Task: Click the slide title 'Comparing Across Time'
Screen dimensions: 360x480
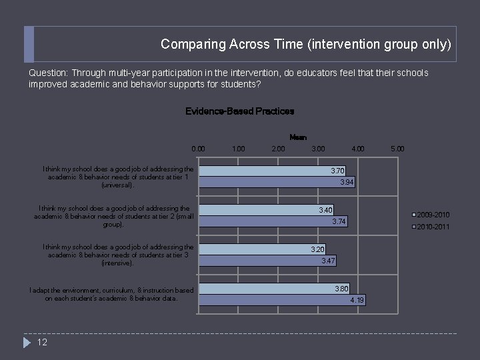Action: [x=306, y=45]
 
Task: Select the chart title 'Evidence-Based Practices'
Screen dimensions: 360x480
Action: [x=239, y=111]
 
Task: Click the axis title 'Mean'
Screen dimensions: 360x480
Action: [x=298, y=137]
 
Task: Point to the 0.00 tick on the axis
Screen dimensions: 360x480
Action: [x=199, y=149]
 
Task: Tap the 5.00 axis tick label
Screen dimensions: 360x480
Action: [x=397, y=149]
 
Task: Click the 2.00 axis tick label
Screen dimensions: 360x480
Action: [x=278, y=149]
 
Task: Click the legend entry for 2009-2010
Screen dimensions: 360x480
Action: [x=433, y=215]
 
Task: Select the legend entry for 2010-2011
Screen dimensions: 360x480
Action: [x=433, y=227]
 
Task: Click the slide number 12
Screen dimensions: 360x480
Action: [x=42, y=343]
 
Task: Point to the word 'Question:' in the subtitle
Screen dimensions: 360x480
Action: [x=49, y=73]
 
